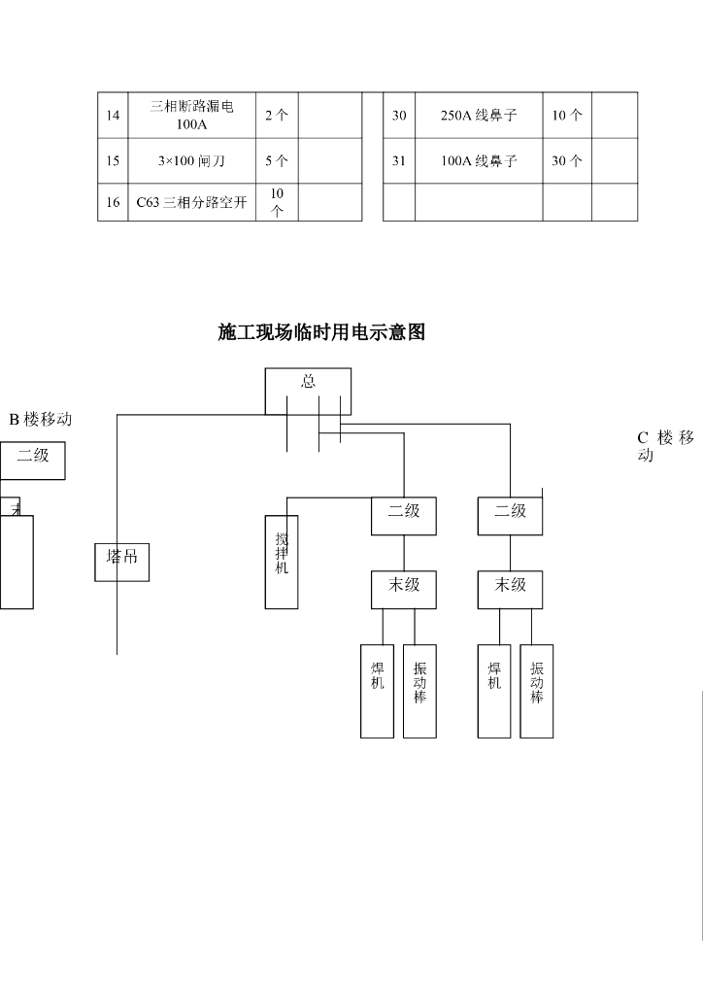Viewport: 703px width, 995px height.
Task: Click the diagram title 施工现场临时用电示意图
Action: [x=321, y=333]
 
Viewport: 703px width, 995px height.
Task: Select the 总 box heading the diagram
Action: [x=308, y=390]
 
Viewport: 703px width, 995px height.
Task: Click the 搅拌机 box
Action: [x=282, y=562]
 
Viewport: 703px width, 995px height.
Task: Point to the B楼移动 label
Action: [x=41, y=420]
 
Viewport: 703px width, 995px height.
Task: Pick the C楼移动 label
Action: [x=666, y=447]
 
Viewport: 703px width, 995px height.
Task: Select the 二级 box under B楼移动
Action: [x=32, y=461]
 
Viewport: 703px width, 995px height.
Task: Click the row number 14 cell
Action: [x=113, y=116]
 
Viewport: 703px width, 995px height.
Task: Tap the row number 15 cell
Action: [x=113, y=161]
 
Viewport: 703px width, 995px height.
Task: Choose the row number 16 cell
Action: [x=113, y=202]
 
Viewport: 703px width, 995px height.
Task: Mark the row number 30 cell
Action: [x=399, y=116]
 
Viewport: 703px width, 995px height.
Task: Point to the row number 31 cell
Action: [x=399, y=161]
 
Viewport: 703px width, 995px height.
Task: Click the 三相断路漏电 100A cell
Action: [x=192, y=116]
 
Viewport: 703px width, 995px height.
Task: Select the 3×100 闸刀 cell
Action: [x=192, y=161]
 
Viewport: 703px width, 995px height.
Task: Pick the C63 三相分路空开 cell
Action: [x=192, y=202]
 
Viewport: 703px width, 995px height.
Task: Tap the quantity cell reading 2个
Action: [x=277, y=116]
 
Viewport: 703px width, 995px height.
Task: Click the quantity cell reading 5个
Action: [x=277, y=161]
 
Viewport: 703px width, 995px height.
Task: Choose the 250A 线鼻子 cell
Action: [x=479, y=116]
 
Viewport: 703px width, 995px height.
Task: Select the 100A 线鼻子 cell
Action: [x=479, y=161]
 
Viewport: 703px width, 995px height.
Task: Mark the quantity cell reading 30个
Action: [x=567, y=161]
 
